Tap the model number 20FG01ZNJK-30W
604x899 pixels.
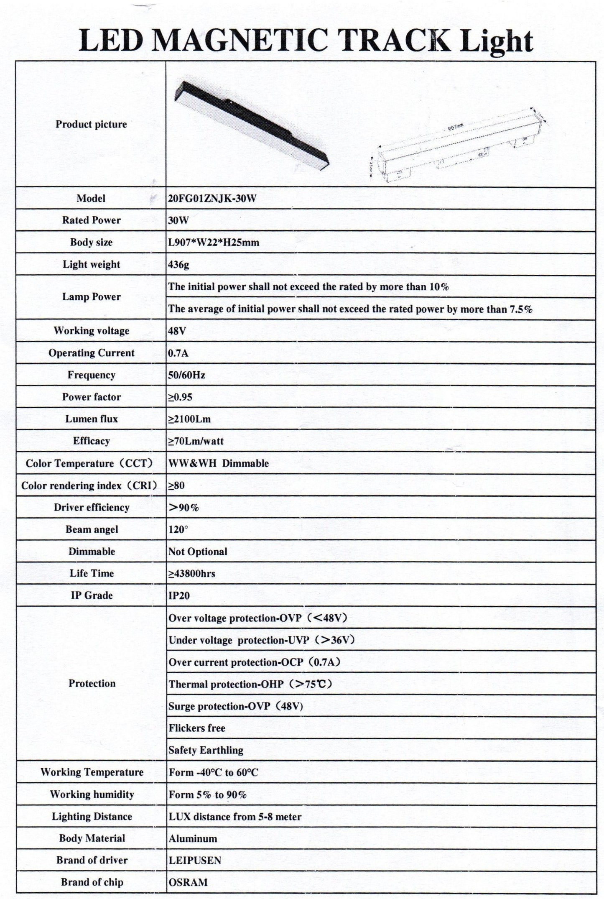[x=212, y=198]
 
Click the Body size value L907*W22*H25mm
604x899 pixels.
[x=214, y=243]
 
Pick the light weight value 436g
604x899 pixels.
[x=178, y=265]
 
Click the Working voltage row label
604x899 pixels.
[x=91, y=331]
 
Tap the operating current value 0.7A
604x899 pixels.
[x=178, y=353]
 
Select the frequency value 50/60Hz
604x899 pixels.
[x=186, y=375]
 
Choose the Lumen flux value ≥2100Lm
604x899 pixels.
[x=189, y=419]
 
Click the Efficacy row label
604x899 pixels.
[x=91, y=441]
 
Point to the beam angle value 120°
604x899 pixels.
[x=178, y=529]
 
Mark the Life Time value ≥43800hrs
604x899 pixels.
[x=191, y=574]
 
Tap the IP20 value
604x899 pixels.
[x=179, y=595]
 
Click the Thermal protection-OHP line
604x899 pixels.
[x=250, y=684]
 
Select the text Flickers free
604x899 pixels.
[x=197, y=728]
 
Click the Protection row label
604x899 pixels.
[x=92, y=683]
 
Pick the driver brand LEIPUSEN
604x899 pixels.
[x=195, y=860]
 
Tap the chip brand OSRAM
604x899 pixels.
[x=188, y=882]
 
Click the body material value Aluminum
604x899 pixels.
[x=193, y=838]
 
